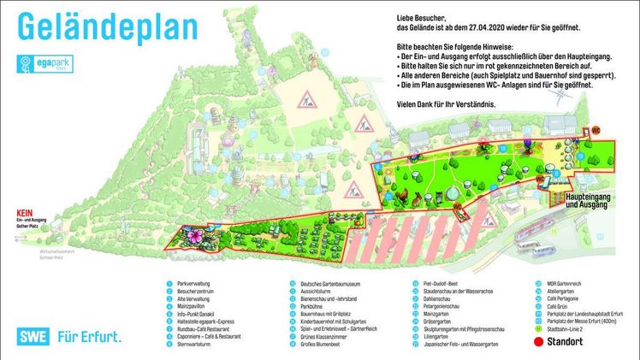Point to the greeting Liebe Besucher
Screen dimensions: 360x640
423,17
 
